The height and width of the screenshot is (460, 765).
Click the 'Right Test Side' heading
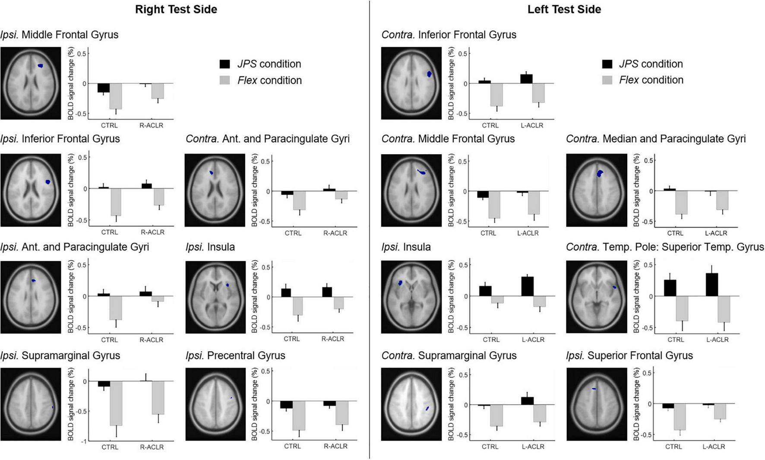[x=176, y=10]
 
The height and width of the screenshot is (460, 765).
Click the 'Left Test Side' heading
[x=564, y=10]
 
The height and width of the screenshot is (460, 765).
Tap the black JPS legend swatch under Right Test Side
[x=225, y=64]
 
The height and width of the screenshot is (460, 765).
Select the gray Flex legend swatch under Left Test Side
[x=607, y=80]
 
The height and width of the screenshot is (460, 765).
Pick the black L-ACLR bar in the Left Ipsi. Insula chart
[x=527, y=286]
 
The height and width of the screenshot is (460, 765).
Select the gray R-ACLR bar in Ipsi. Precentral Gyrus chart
[x=342, y=412]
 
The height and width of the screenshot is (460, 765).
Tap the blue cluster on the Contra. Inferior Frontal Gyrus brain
[x=429, y=74]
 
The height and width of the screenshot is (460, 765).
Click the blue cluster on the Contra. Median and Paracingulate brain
[x=600, y=173]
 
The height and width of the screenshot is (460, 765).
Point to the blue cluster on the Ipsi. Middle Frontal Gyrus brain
[x=40, y=66]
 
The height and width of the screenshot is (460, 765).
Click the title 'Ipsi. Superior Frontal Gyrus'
[x=629, y=355]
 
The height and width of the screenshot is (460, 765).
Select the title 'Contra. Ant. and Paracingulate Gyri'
[x=268, y=139]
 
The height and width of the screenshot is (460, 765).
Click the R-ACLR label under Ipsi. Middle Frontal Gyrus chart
[x=151, y=125]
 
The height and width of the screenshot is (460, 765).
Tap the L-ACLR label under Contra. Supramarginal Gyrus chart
[x=533, y=447]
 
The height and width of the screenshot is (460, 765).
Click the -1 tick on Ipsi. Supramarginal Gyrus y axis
[x=84, y=441]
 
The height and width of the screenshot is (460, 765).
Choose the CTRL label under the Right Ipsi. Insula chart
[x=291, y=339]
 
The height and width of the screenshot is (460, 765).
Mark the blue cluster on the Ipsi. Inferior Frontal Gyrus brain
[x=48, y=182]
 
